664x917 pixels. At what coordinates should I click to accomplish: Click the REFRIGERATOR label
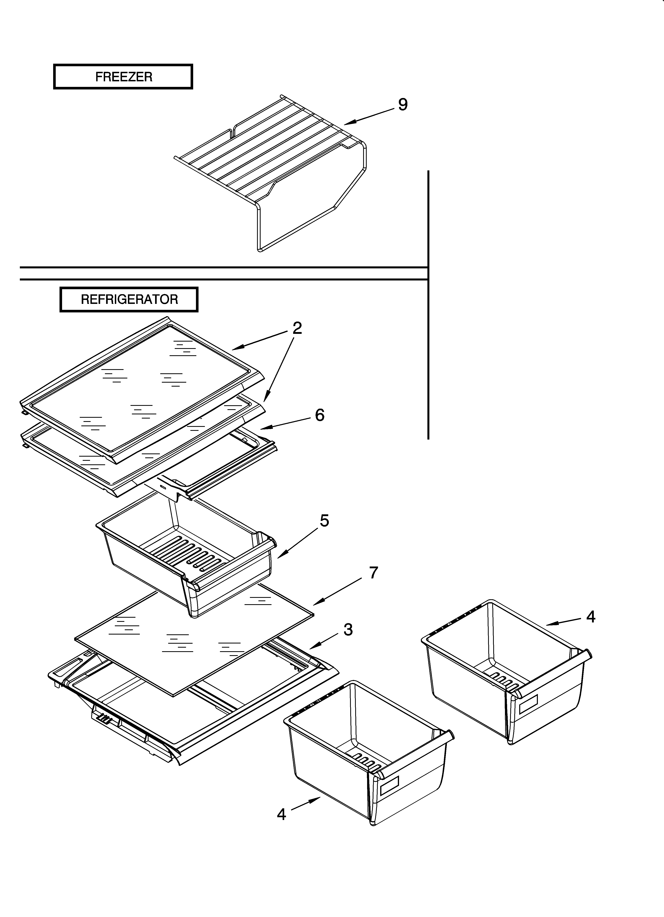click(x=129, y=300)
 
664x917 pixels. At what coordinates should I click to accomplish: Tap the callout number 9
click(x=403, y=105)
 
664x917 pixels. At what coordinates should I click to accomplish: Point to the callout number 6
click(x=320, y=415)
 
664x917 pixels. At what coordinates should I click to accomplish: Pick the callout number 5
click(x=324, y=521)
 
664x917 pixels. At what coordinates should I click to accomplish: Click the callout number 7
click(x=373, y=573)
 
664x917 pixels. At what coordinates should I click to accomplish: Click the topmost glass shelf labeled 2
click(x=142, y=388)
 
